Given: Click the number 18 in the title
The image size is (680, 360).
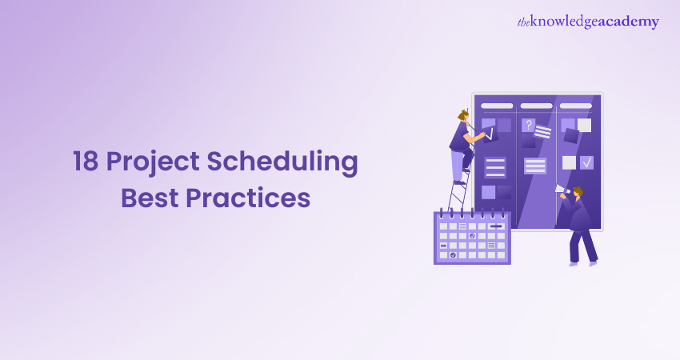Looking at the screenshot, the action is pos(86,161).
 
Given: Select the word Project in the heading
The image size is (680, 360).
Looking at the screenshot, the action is pos(153,162).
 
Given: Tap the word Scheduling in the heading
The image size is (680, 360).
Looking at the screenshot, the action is pos(282,162).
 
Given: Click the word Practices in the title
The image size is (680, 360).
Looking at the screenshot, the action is pos(248,198).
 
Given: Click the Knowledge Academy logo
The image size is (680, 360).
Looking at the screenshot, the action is pos(588,22).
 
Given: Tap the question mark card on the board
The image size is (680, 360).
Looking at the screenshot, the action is pos(528,126).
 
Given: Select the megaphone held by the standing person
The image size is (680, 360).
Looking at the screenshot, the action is pos(562,190).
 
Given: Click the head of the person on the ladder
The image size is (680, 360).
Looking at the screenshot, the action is pos(463,115).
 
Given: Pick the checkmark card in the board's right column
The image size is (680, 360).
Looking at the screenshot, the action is pos(586,162).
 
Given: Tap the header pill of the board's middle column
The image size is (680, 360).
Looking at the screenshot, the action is pos(537,106).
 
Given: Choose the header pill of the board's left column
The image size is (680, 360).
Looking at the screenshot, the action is pos(497,106).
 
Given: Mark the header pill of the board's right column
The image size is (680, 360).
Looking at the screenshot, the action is pos(576,106).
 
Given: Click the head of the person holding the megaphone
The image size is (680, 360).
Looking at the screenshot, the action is pos(578,192).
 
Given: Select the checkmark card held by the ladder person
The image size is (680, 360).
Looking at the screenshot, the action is pos(490,135).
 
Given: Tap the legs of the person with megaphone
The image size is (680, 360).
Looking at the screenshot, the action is pos(583,247).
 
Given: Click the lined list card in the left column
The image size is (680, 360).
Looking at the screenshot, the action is pos(495,167).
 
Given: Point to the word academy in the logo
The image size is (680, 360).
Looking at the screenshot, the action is pos(629,22).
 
